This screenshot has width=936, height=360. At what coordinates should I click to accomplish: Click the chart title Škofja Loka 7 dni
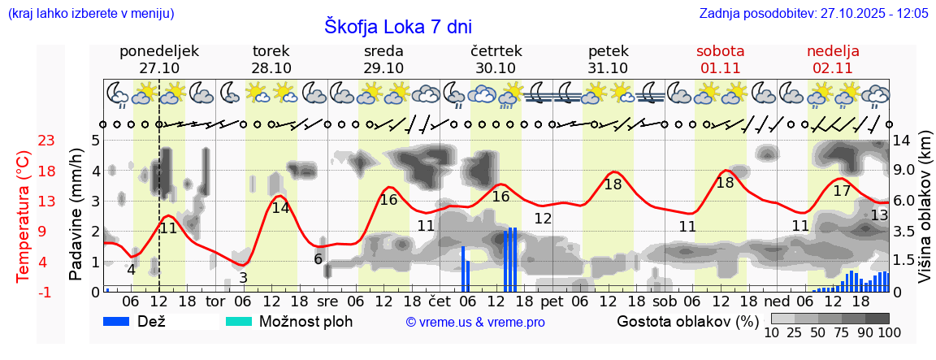tap(397, 25)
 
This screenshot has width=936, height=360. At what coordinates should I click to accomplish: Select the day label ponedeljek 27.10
tap(159, 59)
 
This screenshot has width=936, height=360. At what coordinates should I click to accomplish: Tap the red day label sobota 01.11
tap(720, 59)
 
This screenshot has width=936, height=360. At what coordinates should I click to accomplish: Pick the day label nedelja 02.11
tap(833, 59)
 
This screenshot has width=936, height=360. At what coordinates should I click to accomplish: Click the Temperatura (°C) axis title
tap(24, 215)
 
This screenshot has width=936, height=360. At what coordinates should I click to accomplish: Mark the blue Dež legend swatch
tap(122, 321)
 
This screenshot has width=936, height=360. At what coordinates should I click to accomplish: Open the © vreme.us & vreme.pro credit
tap(474, 322)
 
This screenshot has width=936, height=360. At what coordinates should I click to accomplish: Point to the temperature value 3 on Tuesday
tap(243, 277)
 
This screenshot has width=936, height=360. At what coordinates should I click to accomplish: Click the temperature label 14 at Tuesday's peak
tap(280, 207)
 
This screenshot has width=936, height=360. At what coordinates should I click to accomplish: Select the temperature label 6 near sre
tap(318, 259)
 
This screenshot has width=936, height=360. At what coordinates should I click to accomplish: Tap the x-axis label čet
tap(439, 301)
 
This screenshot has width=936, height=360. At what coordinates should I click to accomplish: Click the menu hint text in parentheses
tap(90, 13)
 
